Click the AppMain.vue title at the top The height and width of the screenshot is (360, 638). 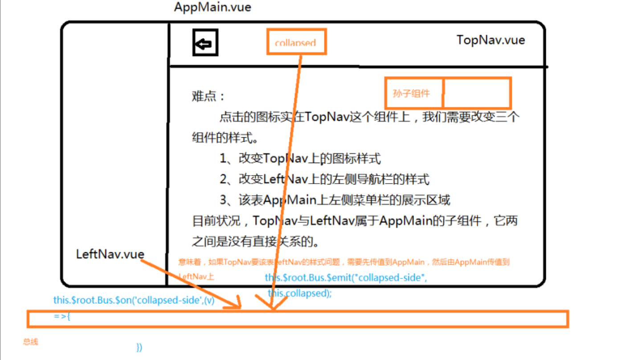(x=213, y=7)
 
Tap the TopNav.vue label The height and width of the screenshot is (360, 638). (x=491, y=40)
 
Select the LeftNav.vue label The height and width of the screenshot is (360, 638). (x=110, y=254)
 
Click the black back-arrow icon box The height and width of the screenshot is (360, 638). (x=205, y=43)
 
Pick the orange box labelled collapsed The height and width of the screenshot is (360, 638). (x=296, y=42)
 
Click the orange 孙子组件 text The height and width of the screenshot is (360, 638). (x=411, y=94)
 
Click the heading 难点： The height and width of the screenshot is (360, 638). (x=209, y=96)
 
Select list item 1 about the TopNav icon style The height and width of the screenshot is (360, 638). (x=300, y=159)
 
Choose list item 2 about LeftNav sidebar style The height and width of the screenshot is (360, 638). (x=324, y=180)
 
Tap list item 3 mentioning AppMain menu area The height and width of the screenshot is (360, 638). (x=335, y=200)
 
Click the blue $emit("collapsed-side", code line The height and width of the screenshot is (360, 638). (x=346, y=278)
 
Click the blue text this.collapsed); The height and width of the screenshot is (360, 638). (x=300, y=294)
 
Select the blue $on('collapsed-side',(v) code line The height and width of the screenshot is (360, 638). (x=134, y=300)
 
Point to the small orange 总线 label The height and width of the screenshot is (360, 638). (x=30, y=342)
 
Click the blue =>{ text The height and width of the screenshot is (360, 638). (x=62, y=316)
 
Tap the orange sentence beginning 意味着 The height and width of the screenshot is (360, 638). (x=343, y=262)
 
